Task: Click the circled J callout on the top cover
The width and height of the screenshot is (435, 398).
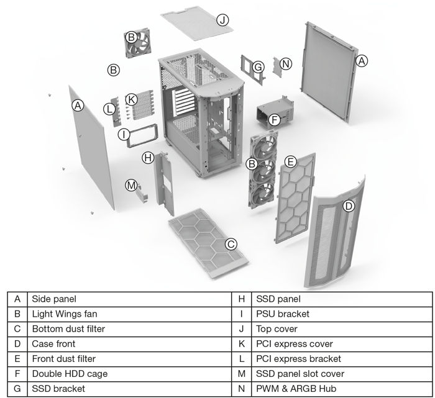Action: pyautogui.click(x=222, y=20)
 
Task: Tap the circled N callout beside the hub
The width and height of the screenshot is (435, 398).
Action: pyautogui.click(x=285, y=64)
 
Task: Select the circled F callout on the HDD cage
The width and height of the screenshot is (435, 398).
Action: pyautogui.click(x=275, y=119)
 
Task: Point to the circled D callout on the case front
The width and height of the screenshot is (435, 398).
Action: pyautogui.click(x=349, y=206)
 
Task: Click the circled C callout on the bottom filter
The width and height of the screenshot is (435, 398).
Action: pyautogui.click(x=231, y=244)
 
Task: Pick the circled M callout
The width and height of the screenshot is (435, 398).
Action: pyautogui.click(x=130, y=185)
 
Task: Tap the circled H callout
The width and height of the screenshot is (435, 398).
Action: pyautogui.click(x=148, y=158)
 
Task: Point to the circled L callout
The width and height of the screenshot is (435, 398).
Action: pyautogui.click(x=109, y=109)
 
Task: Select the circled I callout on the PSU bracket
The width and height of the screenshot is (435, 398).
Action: pyautogui.click(x=124, y=133)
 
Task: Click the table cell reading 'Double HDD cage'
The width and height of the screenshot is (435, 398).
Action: pyautogui.click(x=69, y=373)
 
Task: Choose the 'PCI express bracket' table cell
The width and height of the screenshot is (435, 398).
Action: pyautogui.click(x=298, y=358)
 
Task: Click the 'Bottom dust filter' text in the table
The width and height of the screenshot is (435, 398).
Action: pyautogui.click(x=68, y=328)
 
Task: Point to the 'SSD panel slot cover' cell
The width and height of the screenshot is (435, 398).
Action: pyautogui.click(x=300, y=373)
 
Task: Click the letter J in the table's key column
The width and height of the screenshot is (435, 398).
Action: pyautogui.click(x=241, y=328)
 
